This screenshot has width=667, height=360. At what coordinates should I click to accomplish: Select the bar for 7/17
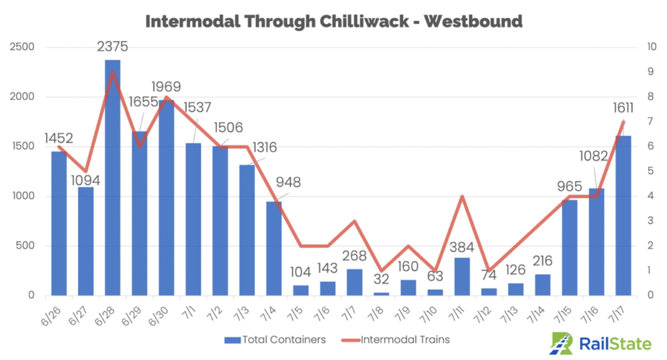tap(623, 215)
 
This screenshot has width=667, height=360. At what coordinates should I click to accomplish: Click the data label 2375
tap(113, 46)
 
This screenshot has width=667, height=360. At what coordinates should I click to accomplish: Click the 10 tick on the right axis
tap(650, 48)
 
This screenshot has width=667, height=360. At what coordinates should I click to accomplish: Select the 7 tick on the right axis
tap(647, 122)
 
